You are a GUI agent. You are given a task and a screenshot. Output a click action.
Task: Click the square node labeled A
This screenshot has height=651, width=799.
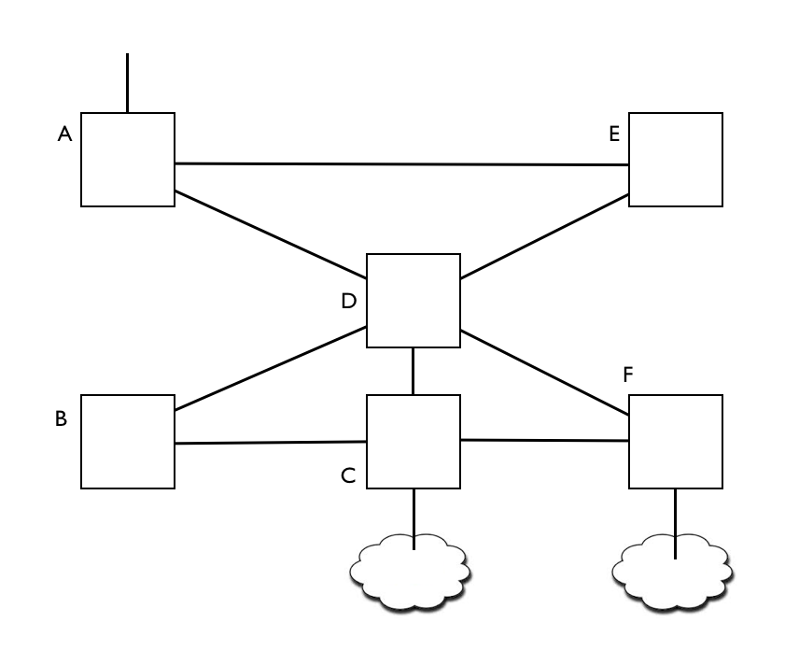pyautogui.click(x=128, y=160)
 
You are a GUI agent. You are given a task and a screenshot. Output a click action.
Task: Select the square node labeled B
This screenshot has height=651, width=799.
pyautogui.click(x=128, y=442)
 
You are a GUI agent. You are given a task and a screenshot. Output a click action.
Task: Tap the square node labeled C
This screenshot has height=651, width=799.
pyautogui.click(x=414, y=442)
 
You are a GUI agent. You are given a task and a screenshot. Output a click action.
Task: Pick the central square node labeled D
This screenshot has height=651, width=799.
pyautogui.click(x=414, y=301)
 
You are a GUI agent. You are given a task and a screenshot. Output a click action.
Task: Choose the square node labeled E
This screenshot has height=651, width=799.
pyautogui.click(x=676, y=160)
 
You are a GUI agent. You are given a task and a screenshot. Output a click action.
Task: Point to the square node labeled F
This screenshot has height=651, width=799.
pyautogui.click(x=676, y=442)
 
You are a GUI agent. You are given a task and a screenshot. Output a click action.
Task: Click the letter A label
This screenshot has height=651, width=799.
pyautogui.click(x=64, y=134)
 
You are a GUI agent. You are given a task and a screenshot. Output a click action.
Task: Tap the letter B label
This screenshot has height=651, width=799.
pyautogui.click(x=61, y=418)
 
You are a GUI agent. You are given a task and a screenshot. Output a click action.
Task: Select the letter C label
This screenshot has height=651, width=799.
pyautogui.click(x=348, y=476)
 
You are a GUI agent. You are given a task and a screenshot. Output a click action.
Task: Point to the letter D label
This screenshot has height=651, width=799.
pyautogui.click(x=348, y=301)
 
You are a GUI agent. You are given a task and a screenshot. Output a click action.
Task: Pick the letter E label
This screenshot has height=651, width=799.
pyautogui.click(x=614, y=134)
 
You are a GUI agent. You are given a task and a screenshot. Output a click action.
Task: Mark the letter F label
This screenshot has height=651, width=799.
pyautogui.click(x=628, y=375)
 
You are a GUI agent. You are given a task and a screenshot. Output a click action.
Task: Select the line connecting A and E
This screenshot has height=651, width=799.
pyautogui.click(x=401, y=164)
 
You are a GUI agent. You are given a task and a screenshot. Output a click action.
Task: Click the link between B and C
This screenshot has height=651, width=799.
pyautogui.click(x=271, y=443)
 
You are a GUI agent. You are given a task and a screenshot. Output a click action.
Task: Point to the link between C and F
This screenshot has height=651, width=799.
pyautogui.click(x=545, y=440)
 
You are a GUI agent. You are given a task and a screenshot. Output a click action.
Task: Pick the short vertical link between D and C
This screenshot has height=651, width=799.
pyautogui.click(x=414, y=371)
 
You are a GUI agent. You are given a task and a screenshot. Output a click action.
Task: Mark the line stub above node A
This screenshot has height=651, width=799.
pyautogui.click(x=128, y=83)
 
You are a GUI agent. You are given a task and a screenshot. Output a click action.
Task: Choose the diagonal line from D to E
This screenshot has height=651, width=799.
pyautogui.click(x=545, y=236)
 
